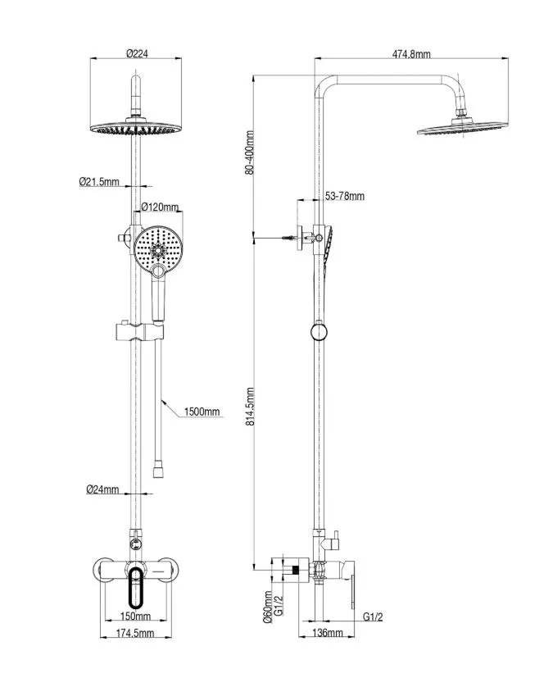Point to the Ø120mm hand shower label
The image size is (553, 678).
(159, 207)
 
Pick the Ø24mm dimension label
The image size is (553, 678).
(102, 489)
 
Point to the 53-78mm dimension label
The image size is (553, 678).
(344, 196)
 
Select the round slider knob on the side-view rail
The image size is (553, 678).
(316, 331)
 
